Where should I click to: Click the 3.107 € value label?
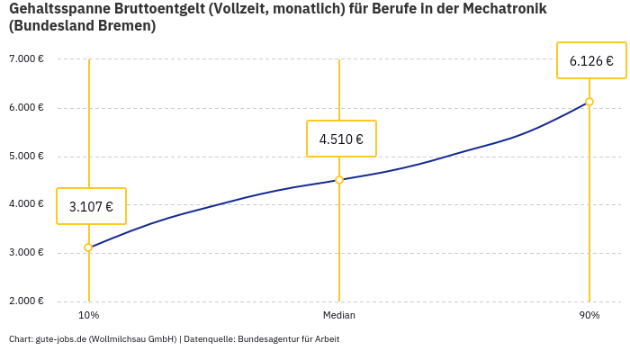91,206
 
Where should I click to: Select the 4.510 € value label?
341,139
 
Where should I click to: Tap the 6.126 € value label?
591,61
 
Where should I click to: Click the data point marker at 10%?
88,247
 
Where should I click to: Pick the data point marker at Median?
339,180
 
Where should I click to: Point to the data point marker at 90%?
589,102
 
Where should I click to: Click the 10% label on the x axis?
88,315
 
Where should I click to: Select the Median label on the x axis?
339,315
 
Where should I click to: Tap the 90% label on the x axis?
589,315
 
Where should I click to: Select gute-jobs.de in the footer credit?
60,339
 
